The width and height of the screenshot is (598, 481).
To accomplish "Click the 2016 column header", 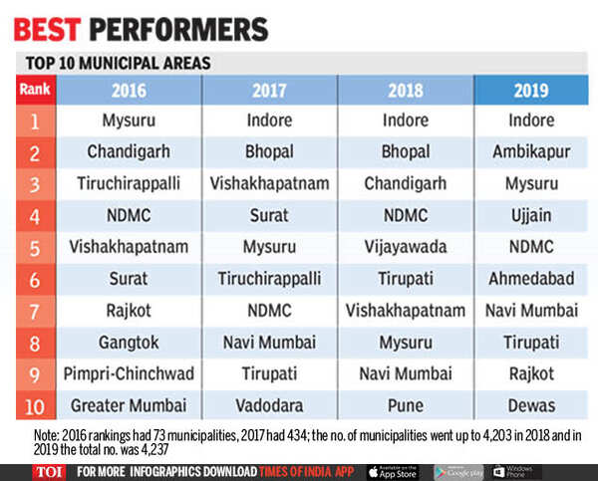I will [129, 91].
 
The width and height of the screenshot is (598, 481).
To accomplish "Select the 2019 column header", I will [530, 91].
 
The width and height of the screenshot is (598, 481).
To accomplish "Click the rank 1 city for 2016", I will [129, 120].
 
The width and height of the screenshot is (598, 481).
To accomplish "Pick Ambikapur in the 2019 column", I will [530, 152].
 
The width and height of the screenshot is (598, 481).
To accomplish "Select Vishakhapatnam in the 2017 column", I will [269, 184].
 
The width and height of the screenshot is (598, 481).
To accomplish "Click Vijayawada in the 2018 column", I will [405, 247].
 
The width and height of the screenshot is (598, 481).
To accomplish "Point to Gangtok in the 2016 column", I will [129, 343].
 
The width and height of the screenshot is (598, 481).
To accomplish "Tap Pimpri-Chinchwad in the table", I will [129, 374].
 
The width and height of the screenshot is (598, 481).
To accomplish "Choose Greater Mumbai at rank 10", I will [129, 406].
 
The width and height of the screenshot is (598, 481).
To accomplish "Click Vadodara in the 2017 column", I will [269, 406].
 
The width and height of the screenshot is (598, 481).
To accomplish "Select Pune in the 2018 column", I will [405, 406].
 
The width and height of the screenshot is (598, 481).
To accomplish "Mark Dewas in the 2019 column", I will [530, 406].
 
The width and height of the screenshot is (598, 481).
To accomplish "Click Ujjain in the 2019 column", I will [530, 215].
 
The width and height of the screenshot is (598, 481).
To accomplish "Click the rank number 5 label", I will [35, 247].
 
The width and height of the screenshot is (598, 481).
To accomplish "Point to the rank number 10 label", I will [35, 406].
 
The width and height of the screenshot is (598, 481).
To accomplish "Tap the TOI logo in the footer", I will [36, 471].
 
